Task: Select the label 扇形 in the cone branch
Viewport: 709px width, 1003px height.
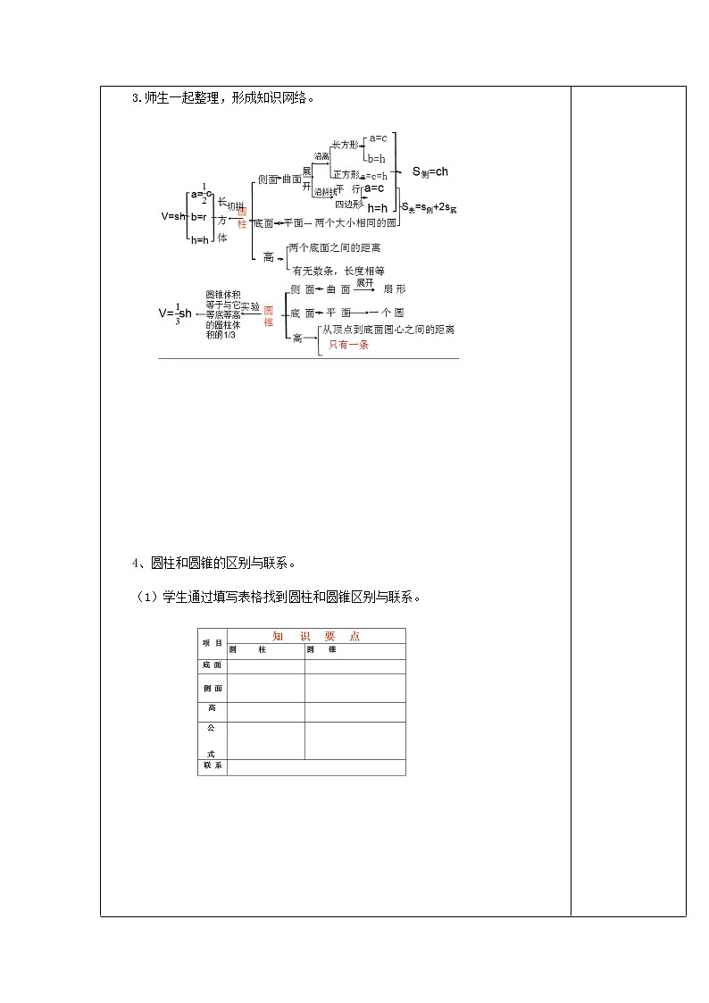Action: point(394,289)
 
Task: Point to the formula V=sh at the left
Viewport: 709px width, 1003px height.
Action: point(172,216)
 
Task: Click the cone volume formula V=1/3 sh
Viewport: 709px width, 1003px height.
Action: point(175,313)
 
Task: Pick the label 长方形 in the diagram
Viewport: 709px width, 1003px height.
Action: point(344,144)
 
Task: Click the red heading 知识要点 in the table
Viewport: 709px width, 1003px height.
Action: point(316,636)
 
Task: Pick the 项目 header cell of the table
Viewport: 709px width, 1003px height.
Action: point(213,643)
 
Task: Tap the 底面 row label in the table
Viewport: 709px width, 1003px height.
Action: point(213,665)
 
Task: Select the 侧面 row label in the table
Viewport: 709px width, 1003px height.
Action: point(213,689)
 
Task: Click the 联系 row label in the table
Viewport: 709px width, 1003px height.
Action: point(213,767)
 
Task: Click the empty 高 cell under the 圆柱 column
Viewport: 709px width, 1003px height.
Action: point(266,712)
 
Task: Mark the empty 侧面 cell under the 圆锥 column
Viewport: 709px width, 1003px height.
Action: point(354,689)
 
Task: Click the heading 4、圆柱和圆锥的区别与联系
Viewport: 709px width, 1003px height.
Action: point(213,564)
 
